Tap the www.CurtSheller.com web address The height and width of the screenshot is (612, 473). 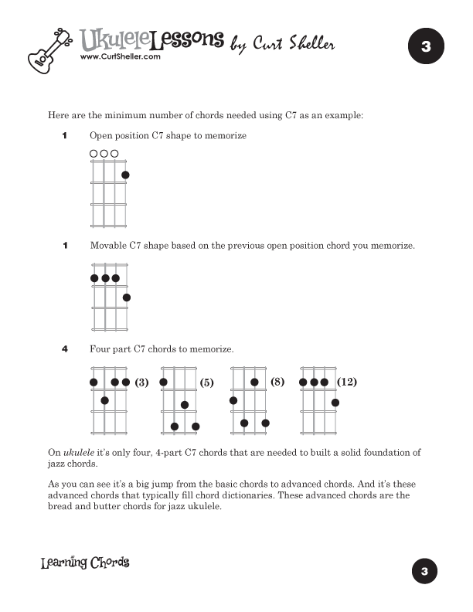[x=119, y=56]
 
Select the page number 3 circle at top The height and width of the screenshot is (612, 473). [x=425, y=47]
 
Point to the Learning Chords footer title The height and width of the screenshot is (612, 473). [x=85, y=563]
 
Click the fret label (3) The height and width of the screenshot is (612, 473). [x=141, y=382]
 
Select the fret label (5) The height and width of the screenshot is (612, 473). [x=206, y=382]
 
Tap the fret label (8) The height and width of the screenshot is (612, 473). [x=278, y=382]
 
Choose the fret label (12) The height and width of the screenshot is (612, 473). [x=348, y=382]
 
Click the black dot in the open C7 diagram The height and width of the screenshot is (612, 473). [x=125, y=175]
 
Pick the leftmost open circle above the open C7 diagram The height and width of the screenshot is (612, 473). [x=94, y=154]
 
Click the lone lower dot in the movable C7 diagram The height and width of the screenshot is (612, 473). [x=127, y=297]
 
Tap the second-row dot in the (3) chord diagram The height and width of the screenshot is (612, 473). [x=104, y=400]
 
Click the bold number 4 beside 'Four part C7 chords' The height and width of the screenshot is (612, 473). [x=65, y=349]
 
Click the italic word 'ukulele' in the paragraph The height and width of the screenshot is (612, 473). [x=78, y=452]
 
